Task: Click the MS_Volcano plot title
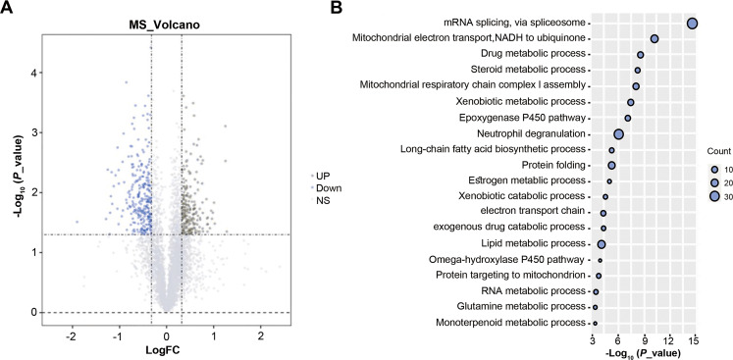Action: [x=166, y=22]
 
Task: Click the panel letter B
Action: [x=336, y=8]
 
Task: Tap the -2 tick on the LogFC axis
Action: [x=72, y=334]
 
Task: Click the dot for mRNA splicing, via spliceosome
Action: [x=692, y=23]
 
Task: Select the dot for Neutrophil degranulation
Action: [x=619, y=134]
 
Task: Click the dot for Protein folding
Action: [x=611, y=166]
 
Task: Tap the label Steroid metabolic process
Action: [x=526, y=70]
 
